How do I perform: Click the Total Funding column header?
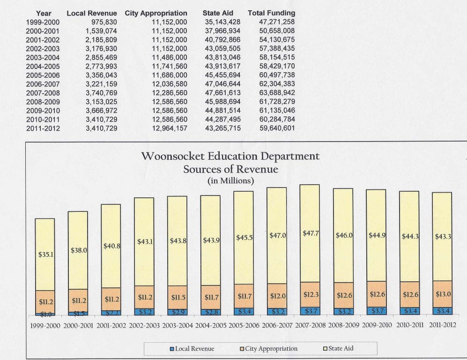271,13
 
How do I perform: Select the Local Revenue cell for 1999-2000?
104,22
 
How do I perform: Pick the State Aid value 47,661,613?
222,93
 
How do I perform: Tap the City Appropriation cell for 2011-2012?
170,128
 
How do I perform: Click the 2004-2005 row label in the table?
43,67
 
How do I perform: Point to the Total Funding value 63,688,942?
277,93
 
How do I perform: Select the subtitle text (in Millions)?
230,181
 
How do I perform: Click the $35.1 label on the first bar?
46,255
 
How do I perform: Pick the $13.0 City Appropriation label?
443,294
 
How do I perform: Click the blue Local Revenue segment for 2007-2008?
310,311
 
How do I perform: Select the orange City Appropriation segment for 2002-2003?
144,297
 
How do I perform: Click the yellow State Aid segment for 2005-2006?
244,238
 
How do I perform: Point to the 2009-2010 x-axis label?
377,325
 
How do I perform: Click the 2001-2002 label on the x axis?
111,325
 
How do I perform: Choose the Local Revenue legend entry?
192,349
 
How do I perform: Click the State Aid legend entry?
338,348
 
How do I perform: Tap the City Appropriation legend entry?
269,349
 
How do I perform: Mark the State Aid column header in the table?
218,13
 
